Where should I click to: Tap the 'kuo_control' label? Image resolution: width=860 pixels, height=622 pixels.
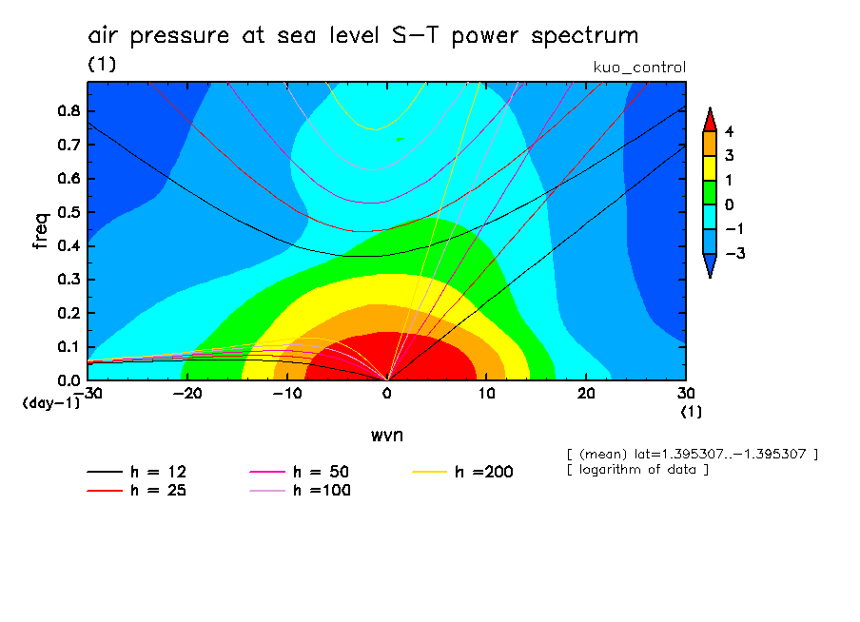(x=638, y=67)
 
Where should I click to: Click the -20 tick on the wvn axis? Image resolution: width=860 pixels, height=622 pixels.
(x=187, y=393)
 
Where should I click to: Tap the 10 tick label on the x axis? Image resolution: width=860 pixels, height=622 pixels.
(x=486, y=393)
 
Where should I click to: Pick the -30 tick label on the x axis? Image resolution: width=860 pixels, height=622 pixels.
(x=88, y=393)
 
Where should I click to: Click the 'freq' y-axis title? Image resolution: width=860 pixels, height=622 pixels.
(x=41, y=231)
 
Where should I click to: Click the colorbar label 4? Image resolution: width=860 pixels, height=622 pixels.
(x=728, y=131)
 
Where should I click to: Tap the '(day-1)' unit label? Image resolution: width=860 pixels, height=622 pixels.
(x=50, y=403)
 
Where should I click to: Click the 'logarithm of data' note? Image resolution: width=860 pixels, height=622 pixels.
(x=637, y=470)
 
